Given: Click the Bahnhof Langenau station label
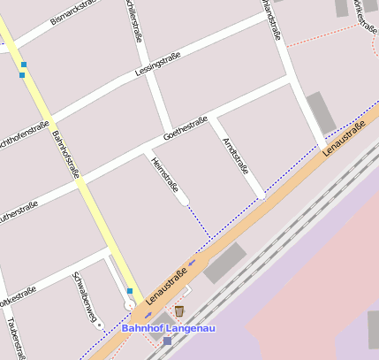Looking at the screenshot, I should pos(168,328).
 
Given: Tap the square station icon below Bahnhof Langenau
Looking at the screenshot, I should pos(167,341).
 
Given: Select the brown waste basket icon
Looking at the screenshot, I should pos(179,310).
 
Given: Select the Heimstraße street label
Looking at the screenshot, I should pos(166,174).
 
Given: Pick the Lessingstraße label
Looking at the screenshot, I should pos(157,65).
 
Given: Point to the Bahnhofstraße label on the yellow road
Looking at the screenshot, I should pos(64,154).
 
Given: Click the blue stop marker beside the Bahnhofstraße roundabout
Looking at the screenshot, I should pos(130,290).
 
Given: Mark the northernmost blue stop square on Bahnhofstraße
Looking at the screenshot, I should pos(24,65).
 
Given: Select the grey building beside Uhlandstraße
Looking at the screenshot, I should pos(321,113).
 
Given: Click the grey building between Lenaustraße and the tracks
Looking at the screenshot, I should pos(224,264).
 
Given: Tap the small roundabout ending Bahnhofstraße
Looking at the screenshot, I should pos(130,304).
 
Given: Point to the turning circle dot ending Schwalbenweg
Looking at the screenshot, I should pos(100,326).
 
